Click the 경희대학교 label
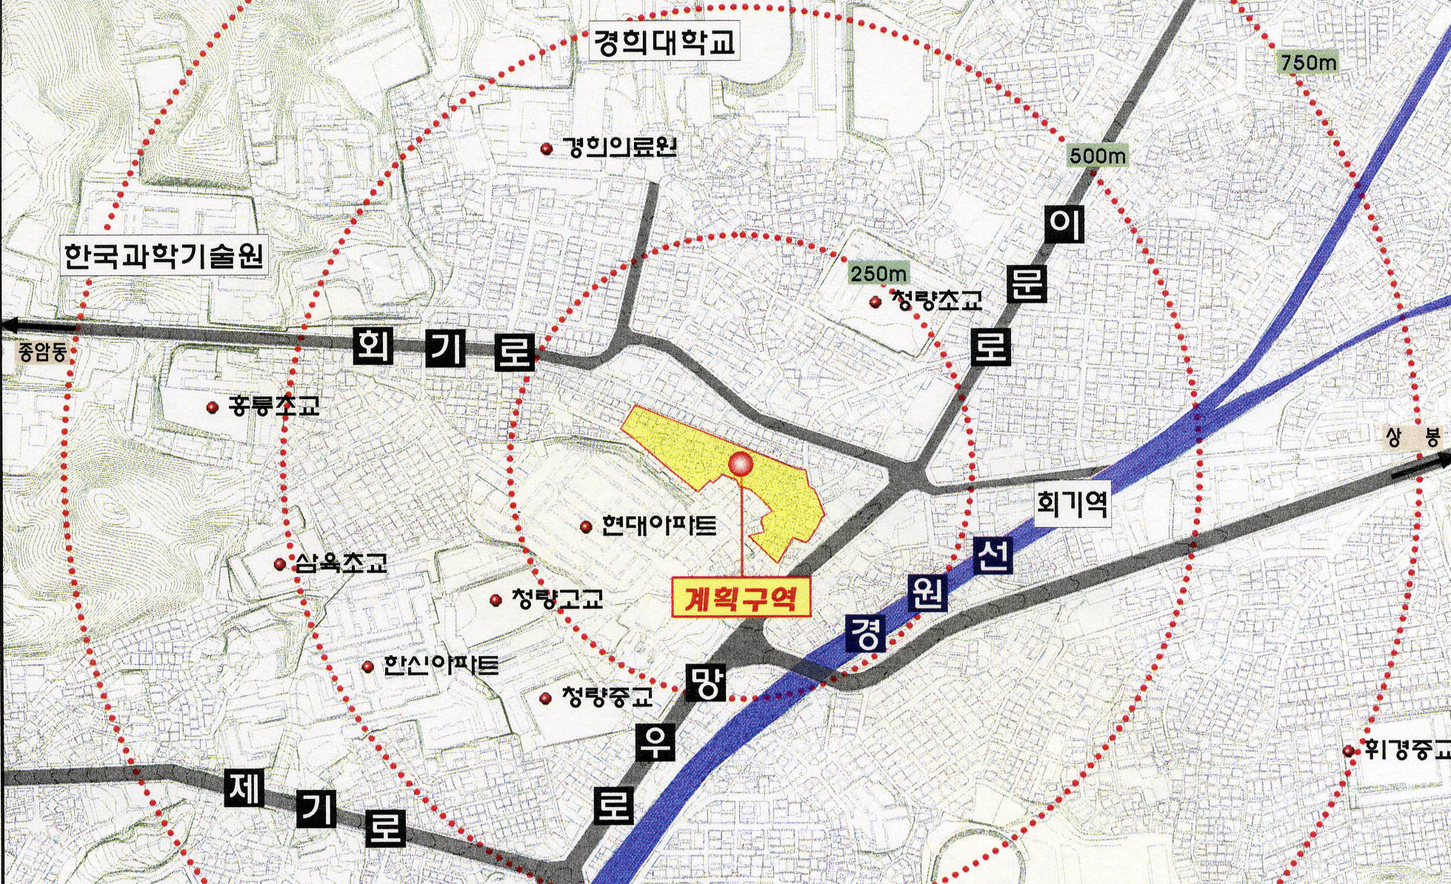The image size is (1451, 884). [x=663, y=43]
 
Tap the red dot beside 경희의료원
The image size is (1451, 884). [x=547, y=149]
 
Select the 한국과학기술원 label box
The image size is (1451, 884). [x=164, y=256]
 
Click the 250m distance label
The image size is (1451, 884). [x=878, y=274]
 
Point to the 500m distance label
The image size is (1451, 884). [x=1098, y=155]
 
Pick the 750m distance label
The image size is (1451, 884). [x=1309, y=63]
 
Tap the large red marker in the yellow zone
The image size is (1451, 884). [x=741, y=464]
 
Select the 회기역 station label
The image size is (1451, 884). [x=1072, y=505]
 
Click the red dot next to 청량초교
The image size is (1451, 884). [x=875, y=302]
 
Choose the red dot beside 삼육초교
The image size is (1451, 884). [x=279, y=565]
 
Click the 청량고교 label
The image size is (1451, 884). [x=557, y=598]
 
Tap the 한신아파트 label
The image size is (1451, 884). [x=441, y=665]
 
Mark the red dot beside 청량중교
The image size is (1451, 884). [x=546, y=698]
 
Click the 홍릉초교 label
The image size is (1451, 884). [x=274, y=406]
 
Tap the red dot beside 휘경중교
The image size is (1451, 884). [x=1349, y=751]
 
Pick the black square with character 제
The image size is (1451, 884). [x=245, y=789]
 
